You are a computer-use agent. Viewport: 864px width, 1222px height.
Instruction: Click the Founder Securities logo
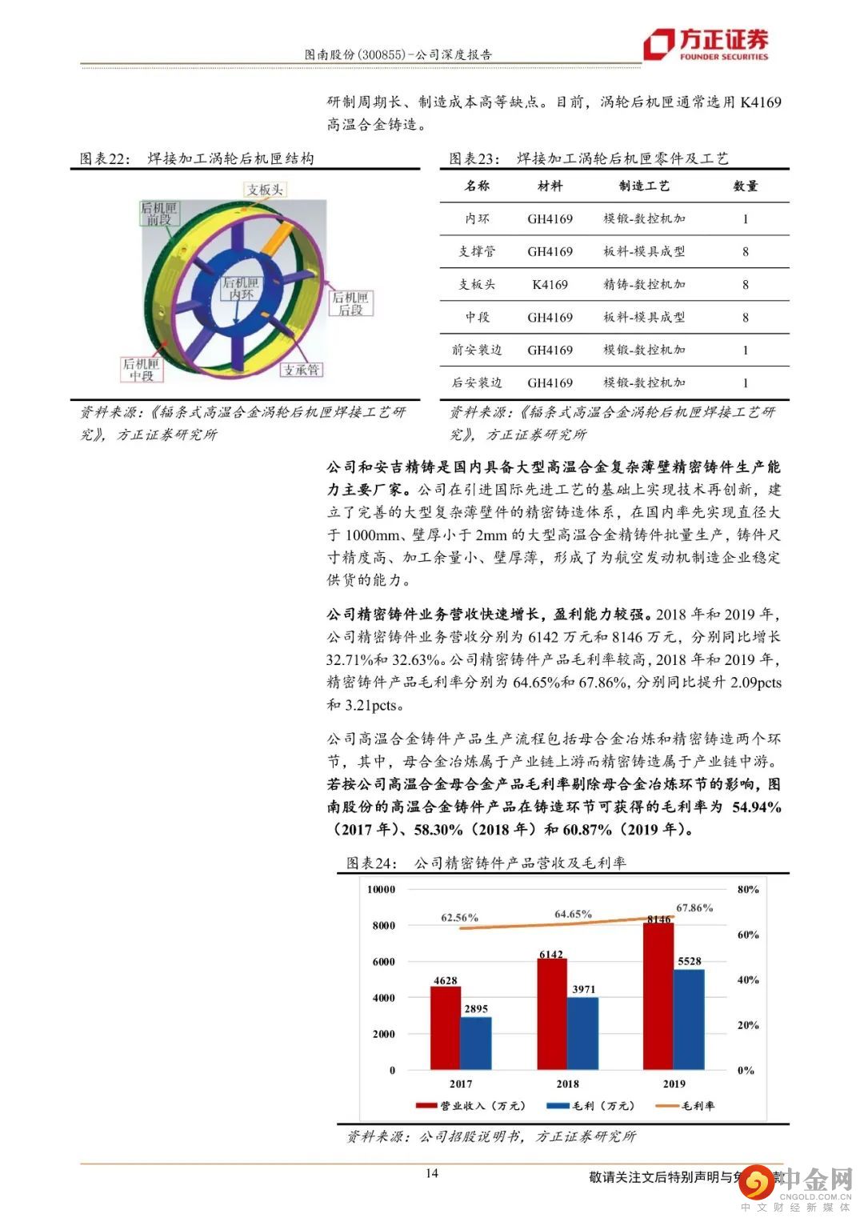tap(706, 44)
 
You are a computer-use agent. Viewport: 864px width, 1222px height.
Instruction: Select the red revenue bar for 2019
tap(658, 996)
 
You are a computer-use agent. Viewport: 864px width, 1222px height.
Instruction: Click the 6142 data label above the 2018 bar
tap(551, 954)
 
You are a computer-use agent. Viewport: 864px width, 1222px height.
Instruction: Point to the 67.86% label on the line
tap(694, 907)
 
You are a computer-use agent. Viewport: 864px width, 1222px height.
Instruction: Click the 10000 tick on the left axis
tap(382, 889)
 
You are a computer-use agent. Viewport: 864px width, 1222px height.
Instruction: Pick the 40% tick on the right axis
tap(748, 980)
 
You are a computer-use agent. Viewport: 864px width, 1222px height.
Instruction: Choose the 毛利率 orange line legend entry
tap(686, 1105)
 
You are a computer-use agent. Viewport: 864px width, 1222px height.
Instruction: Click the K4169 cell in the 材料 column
tap(550, 284)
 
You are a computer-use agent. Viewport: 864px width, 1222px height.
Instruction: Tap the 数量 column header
tap(746, 186)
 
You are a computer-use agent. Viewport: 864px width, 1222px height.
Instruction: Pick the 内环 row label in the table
tap(477, 218)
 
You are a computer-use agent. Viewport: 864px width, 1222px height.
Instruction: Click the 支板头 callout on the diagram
tap(265, 190)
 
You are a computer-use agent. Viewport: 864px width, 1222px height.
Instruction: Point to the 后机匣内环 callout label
tap(241, 289)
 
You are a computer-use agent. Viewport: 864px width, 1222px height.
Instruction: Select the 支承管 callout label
tap(302, 370)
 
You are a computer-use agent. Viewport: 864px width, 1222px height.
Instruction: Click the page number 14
tap(432, 1173)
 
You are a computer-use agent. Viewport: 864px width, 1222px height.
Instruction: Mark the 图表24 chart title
tap(486, 863)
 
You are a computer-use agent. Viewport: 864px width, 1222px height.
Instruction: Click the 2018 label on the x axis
tap(567, 1084)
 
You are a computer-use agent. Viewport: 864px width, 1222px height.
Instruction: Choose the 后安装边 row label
tap(477, 383)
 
